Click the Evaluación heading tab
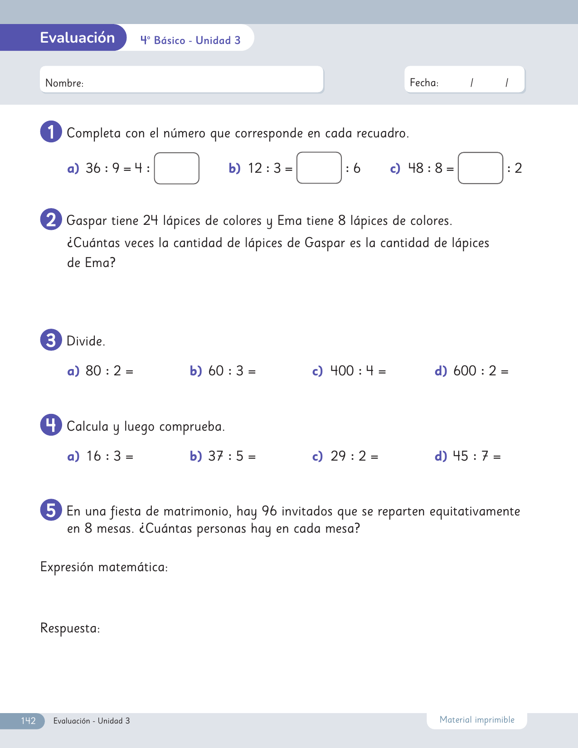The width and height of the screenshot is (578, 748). (77, 38)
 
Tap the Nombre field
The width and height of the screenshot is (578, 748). (181, 80)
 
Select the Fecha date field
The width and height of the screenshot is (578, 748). (464, 80)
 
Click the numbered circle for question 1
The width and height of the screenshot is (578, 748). (51, 131)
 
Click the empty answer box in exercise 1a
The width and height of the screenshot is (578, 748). (177, 168)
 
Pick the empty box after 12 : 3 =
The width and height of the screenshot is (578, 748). (319, 168)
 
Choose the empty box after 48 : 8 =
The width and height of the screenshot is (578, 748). (481, 168)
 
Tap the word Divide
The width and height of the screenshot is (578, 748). (86, 341)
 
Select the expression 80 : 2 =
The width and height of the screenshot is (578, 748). (109, 371)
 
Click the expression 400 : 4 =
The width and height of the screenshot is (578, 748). (358, 371)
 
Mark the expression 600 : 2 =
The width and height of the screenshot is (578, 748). (481, 371)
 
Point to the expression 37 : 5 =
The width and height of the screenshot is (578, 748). (232, 456)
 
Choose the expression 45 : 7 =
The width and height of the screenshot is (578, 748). (476, 456)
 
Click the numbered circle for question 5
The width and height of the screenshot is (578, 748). (51, 510)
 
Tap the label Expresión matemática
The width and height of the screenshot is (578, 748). (104, 567)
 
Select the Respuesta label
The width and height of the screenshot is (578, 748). (70, 628)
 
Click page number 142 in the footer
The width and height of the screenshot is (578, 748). (28, 721)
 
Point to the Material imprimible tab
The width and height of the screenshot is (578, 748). (477, 720)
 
